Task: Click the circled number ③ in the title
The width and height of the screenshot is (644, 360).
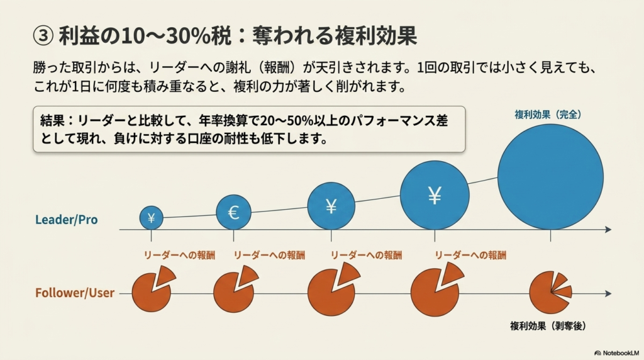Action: click(43, 36)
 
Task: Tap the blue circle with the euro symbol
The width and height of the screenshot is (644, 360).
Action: click(234, 212)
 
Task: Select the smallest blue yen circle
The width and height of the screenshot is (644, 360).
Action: click(151, 217)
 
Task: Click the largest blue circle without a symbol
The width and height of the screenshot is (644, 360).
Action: click(550, 177)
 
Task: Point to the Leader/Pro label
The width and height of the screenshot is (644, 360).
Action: click(67, 220)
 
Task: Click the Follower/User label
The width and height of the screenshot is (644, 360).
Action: click(75, 293)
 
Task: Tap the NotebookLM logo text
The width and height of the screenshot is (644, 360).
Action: click(617, 353)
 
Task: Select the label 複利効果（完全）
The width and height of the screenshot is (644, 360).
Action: click(548, 115)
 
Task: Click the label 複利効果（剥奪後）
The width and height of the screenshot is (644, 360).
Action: click(548, 326)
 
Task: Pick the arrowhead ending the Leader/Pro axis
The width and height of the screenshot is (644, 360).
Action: click(608, 229)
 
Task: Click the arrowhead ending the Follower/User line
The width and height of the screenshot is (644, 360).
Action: click(608, 293)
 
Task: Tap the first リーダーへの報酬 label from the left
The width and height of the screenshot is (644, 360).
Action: click(179, 255)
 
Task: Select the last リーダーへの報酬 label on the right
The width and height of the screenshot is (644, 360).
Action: click(470, 255)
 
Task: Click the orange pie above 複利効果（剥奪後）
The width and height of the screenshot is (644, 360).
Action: click(550, 293)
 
